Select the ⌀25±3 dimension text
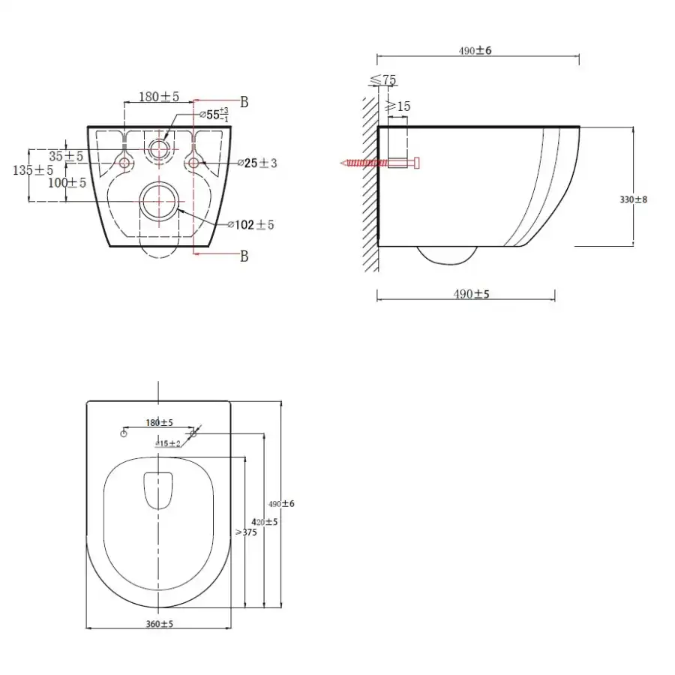256,163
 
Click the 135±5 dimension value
34,170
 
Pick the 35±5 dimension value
66,156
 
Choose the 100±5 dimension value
66,182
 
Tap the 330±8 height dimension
634,199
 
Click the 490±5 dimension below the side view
471,295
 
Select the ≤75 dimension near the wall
383,80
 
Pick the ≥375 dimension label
246,532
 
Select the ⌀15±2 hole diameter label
168,443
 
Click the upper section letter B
244,101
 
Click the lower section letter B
244,256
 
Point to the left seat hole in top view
124,433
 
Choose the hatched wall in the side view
369,180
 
